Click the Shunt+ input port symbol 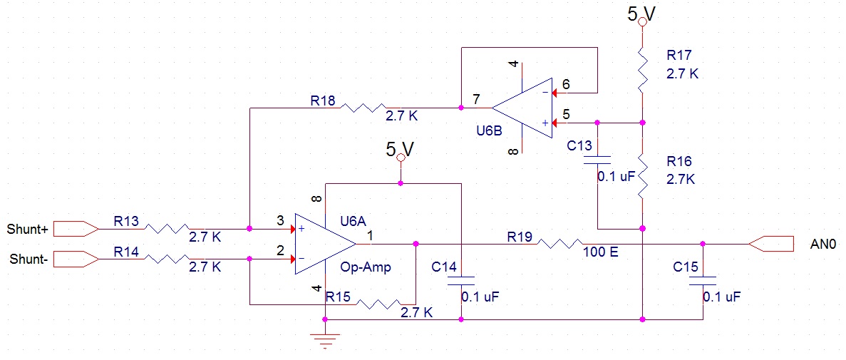(76, 229)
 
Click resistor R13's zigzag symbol (168, 229)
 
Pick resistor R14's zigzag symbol (168, 259)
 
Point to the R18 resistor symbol (364, 108)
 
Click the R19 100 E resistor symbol (562, 243)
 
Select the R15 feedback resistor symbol (379, 304)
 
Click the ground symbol (326, 341)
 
